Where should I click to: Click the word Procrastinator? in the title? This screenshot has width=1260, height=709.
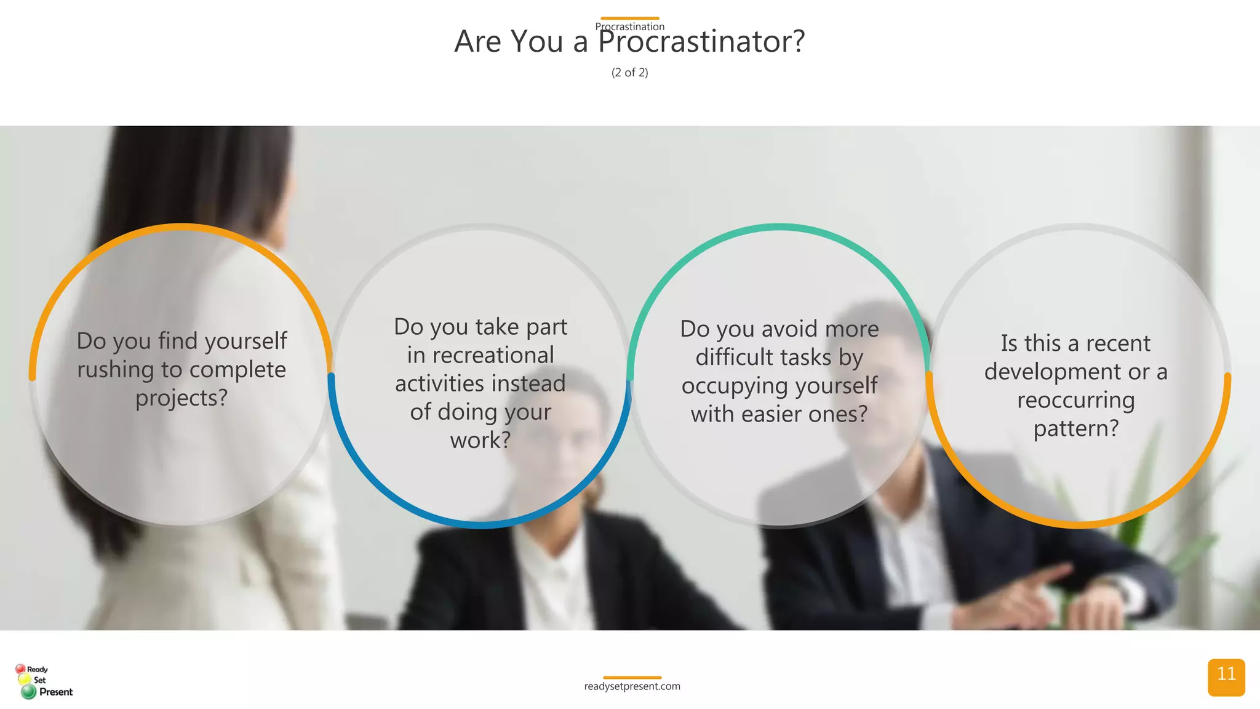coord(701,42)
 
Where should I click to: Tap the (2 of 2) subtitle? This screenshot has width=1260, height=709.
coord(629,73)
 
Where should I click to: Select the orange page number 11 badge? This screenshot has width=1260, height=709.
coord(1226,676)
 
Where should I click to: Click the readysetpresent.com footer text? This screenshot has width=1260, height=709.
coord(632,686)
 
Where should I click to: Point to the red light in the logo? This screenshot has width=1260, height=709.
coord(20,668)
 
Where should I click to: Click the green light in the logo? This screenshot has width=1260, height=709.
coord(28,692)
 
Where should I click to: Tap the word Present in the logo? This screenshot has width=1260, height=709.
coord(56,692)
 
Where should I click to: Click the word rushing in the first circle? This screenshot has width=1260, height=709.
coord(116,370)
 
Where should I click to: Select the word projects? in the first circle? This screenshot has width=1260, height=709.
coord(181,398)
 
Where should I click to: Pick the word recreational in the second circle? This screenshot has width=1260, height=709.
coord(480,355)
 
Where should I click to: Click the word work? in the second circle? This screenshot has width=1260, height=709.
coord(480,440)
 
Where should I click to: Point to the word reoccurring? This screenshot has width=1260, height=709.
coord(1075,400)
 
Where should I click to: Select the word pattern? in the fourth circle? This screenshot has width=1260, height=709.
coord(1075,428)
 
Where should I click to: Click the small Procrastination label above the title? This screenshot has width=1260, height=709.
coord(629,26)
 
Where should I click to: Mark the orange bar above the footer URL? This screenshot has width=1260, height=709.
coord(632,677)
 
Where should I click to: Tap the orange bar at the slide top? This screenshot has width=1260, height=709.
coord(629,18)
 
